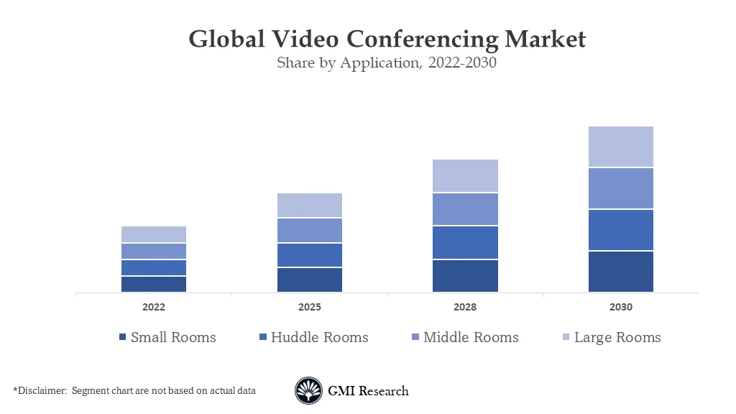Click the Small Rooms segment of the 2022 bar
(154, 284)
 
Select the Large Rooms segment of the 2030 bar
(620, 147)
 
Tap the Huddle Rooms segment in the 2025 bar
(309, 255)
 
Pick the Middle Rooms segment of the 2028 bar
(465, 209)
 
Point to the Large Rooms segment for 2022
(154, 234)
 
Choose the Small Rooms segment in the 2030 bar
(620, 272)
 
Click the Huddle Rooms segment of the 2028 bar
(465, 243)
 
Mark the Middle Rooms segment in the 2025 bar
(309, 230)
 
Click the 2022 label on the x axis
(154, 307)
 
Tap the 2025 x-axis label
(309, 307)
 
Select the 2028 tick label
(465, 307)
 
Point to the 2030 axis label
(620, 307)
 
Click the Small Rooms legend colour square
(123, 337)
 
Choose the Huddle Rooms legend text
(319, 337)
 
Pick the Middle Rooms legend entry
(471, 337)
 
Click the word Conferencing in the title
(420, 39)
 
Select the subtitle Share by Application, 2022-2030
(387, 63)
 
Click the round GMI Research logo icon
(308, 391)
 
